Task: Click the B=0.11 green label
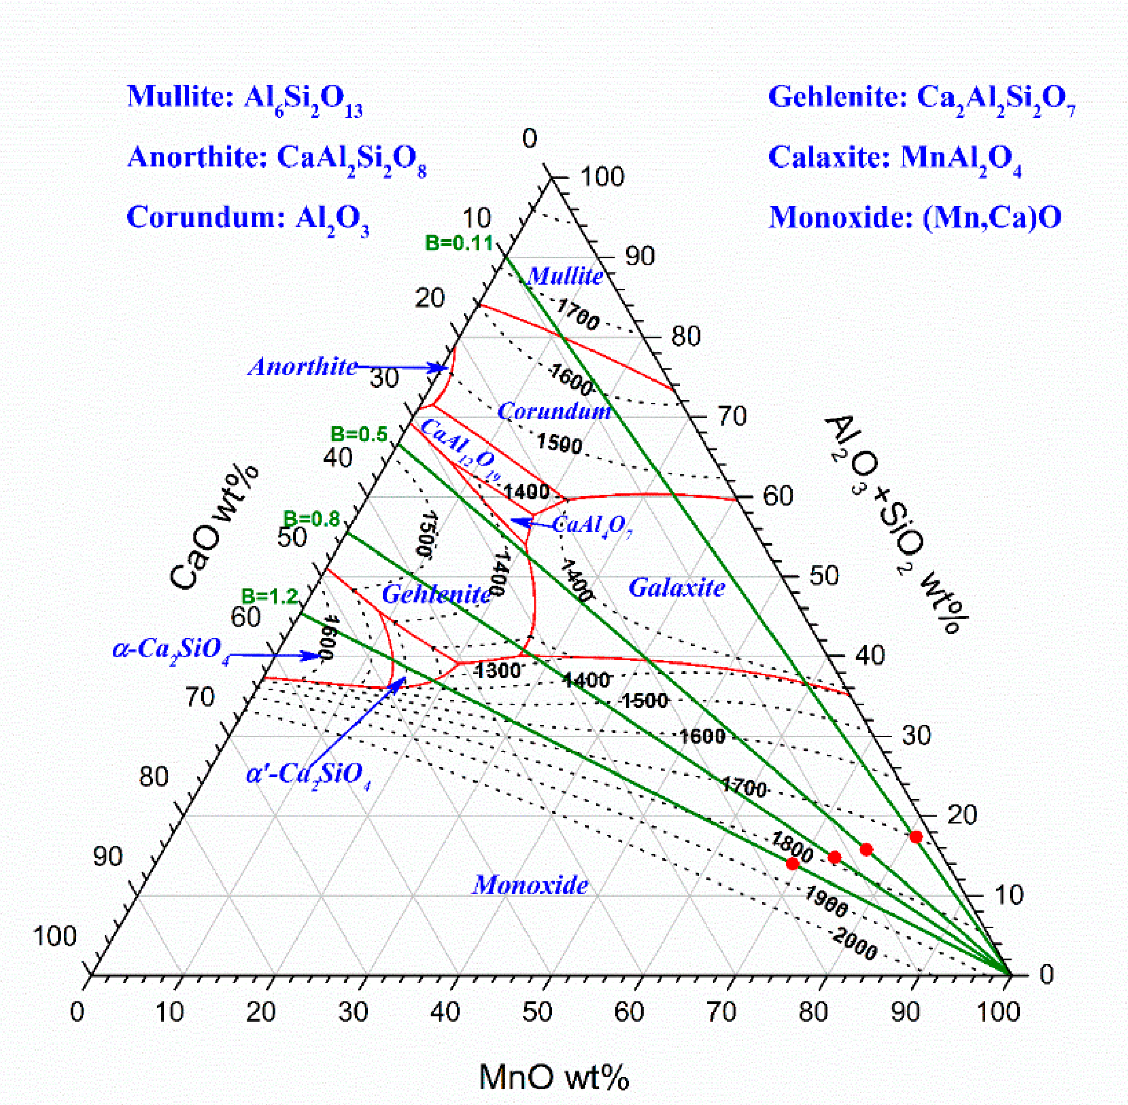(458, 243)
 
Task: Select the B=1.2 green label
(270, 596)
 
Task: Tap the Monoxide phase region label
(530, 885)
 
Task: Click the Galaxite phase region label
(676, 588)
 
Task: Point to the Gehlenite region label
(436, 594)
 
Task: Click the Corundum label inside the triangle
(554, 411)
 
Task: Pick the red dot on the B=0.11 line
(916, 836)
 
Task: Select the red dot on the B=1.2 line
(792, 864)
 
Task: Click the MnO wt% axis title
(554, 1077)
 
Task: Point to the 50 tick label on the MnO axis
(537, 1012)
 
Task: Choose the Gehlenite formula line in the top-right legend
(921, 97)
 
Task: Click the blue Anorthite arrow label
(302, 367)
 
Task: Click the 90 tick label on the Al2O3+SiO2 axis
(639, 256)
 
